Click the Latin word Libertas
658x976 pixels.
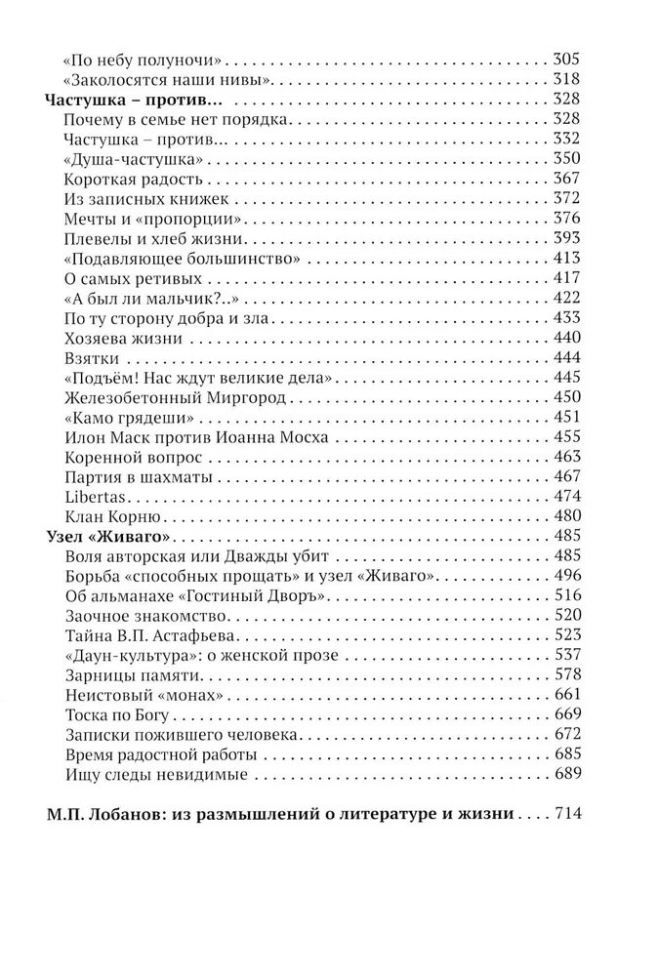[x=90, y=496]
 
